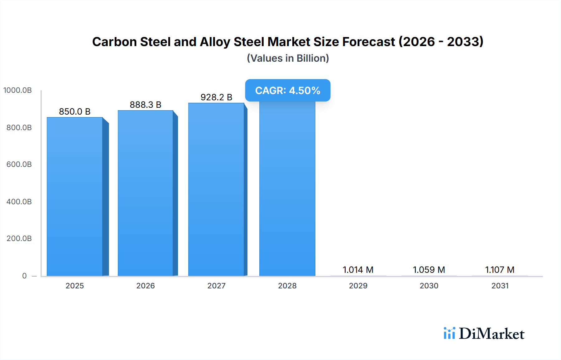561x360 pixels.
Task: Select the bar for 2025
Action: pyautogui.click(x=75, y=196)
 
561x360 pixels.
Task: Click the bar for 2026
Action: pyautogui.click(x=146, y=193)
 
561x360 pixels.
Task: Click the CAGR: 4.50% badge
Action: pyautogui.click(x=288, y=90)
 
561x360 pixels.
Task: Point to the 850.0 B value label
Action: pyautogui.click(x=75, y=111)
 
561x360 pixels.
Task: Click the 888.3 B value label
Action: pyautogui.click(x=146, y=105)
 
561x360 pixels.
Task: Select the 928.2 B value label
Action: pyautogui.click(x=216, y=97)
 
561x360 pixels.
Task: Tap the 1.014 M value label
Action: pyautogui.click(x=358, y=270)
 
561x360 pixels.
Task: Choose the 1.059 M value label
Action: pyautogui.click(x=429, y=270)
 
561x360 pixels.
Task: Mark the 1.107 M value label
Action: pyautogui.click(x=500, y=270)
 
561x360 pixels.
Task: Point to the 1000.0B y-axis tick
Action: pyautogui.click(x=17, y=90)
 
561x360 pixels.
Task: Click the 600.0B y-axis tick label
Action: pyautogui.click(x=19, y=164)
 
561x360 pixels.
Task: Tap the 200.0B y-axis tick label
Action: pyautogui.click(x=19, y=239)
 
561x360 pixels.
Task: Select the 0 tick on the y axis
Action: pyautogui.click(x=24, y=276)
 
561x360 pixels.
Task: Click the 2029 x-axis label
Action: pyautogui.click(x=358, y=286)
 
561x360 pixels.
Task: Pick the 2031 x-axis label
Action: pyautogui.click(x=500, y=286)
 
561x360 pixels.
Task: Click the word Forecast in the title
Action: pyautogui.click(x=369, y=42)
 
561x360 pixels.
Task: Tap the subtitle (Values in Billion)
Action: pyautogui.click(x=288, y=58)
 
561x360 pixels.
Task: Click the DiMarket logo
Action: pyautogui.click(x=484, y=334)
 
